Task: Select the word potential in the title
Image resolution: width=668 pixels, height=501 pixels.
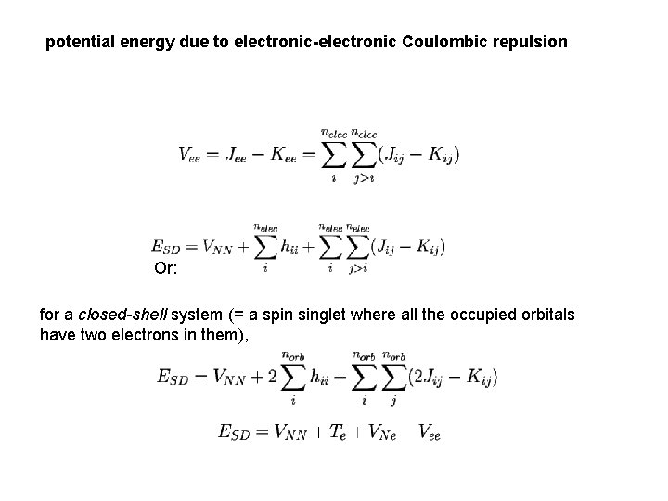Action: [81, 43]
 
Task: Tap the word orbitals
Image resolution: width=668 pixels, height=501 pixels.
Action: [543, 315]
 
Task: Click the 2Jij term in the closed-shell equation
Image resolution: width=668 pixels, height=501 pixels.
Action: [437, 376]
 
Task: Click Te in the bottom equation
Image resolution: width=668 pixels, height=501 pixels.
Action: [339, 431]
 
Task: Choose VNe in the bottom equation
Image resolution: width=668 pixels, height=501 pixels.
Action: [382, 431]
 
